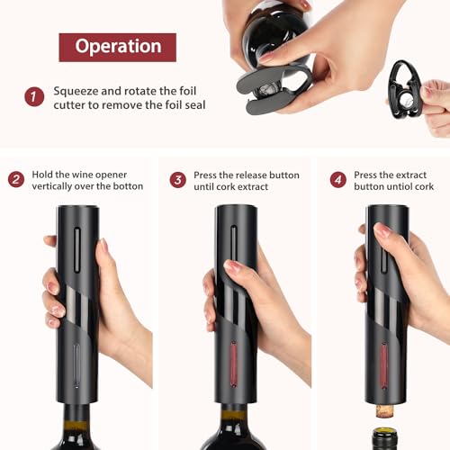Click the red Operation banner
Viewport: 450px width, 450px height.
pyautogui.click(x=117, y=47)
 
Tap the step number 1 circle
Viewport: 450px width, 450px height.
pyautogui.click(x=34, y=96)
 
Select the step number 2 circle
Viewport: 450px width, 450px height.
pyautogui.click(x=15, y=179)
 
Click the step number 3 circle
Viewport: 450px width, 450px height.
pyautogui.click(x=177, y=179)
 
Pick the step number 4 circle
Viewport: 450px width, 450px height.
pyautogui.click(x=337, y=179)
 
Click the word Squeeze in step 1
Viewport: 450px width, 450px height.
pyautogui.click(x=77, y=91)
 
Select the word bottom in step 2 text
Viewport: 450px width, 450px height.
pyautogui.click(x=126, y=186)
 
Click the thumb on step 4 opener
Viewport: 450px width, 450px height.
pyautogui.click(x=382, y=231)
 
